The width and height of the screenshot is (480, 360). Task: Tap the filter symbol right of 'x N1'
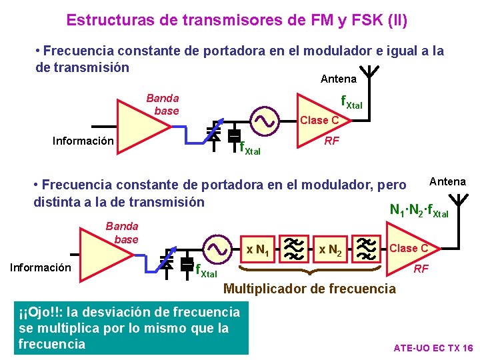293,249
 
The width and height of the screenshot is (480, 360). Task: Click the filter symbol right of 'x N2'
366,249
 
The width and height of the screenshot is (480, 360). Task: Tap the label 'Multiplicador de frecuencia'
309,289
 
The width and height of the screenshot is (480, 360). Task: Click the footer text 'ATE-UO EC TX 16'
433,348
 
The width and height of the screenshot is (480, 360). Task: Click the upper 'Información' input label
83,141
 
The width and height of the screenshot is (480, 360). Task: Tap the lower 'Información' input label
40,267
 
